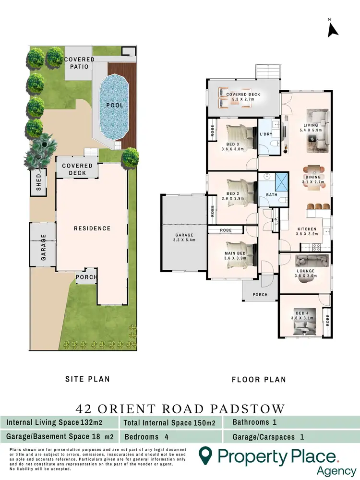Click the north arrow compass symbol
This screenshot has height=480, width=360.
pyautogui.click(x=333, y=29)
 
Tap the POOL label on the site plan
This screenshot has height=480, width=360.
pyautogui.click(x=115, y=105)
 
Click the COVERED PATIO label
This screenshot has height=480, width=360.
pyautogui.click(x=79, y=63)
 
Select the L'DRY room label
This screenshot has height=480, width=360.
pyautogui.click(x=266, y=135)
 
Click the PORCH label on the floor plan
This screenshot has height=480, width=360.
pyautogui.click(x=260, y=294)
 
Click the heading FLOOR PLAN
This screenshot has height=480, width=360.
pyautogui.click(x=259, y=379)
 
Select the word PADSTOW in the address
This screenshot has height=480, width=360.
pyautogui.click(x=248, y=408)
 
